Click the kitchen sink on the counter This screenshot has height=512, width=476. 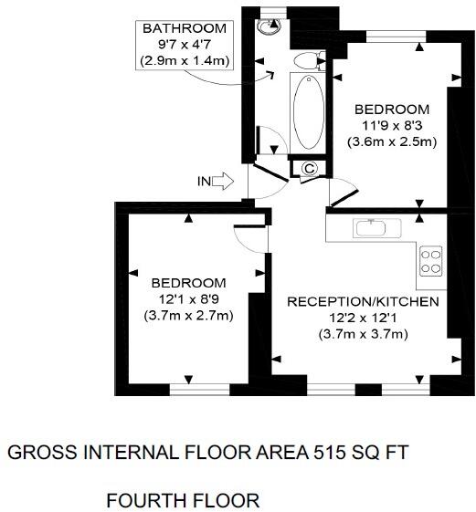(372, 227)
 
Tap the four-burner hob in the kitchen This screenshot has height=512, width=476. (430, 262)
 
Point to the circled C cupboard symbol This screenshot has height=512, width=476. (309, 168)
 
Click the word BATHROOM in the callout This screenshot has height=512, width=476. (184, 28)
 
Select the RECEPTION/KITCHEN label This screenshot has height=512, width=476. (363, 302)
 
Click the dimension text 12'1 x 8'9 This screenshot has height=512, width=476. (189, 298)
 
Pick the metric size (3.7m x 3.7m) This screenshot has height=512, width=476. (363, 334)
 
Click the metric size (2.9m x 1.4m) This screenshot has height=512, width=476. (184, 60)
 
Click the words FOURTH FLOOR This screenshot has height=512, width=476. (183, 500)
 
